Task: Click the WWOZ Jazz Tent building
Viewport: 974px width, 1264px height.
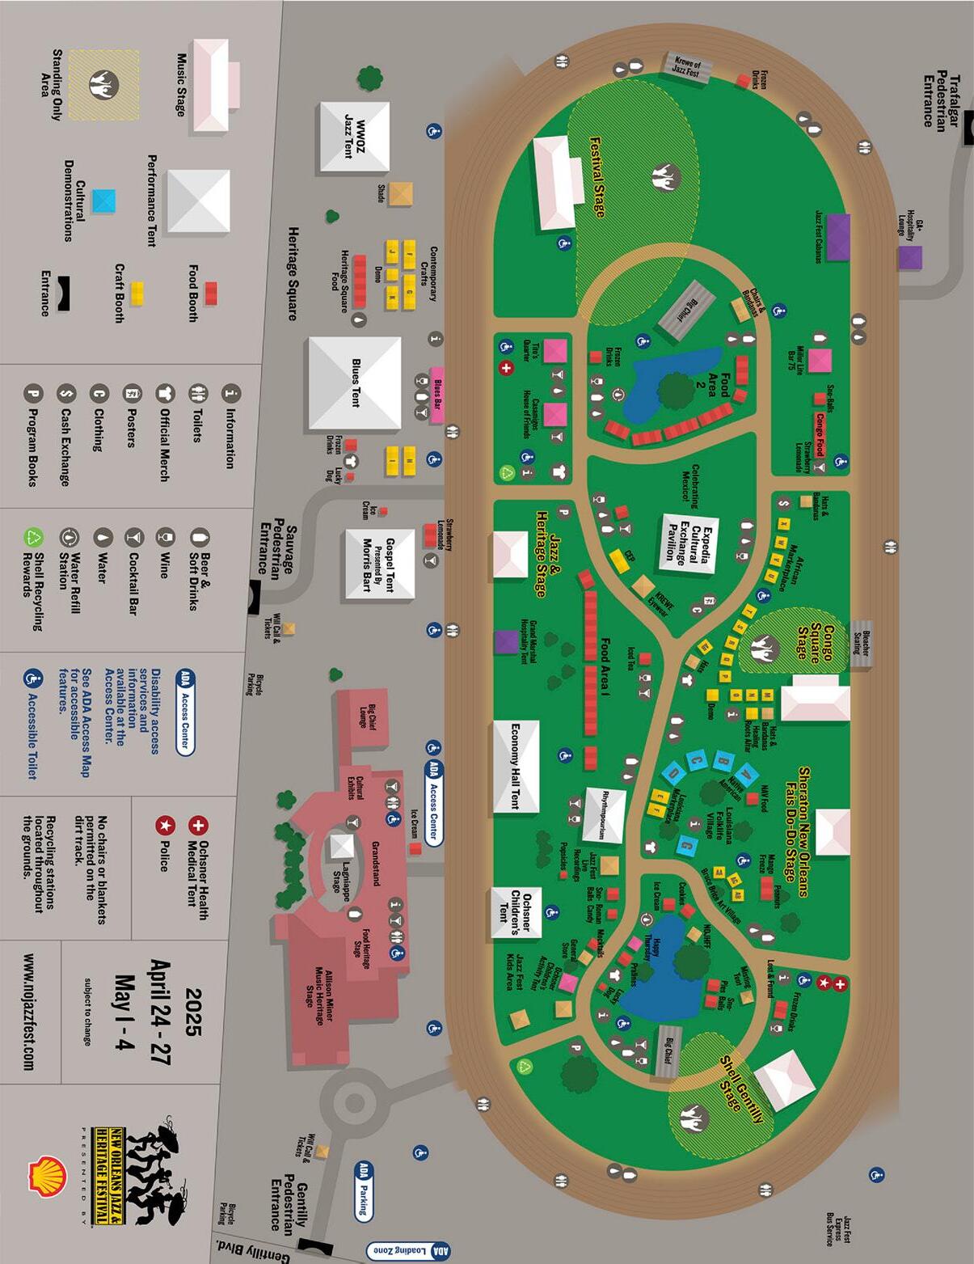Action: point(354,137)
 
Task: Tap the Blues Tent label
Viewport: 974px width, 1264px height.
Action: point(356,383)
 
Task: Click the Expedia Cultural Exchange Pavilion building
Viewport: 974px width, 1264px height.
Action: point(689,542)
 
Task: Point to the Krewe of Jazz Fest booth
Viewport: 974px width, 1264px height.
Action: point(688,67)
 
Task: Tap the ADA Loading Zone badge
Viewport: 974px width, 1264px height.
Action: point(407,1249)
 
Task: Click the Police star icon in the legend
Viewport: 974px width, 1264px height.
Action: point(165,826)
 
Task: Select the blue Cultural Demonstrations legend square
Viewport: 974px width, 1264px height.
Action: point(103,201)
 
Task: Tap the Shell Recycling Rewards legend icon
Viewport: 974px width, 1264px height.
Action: point(33,537)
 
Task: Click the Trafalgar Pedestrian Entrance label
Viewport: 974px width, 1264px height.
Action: point(942,101)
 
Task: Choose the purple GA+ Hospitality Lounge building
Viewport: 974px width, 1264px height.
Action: point(909,258)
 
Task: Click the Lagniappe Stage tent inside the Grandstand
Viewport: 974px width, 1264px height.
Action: point(342,847)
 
